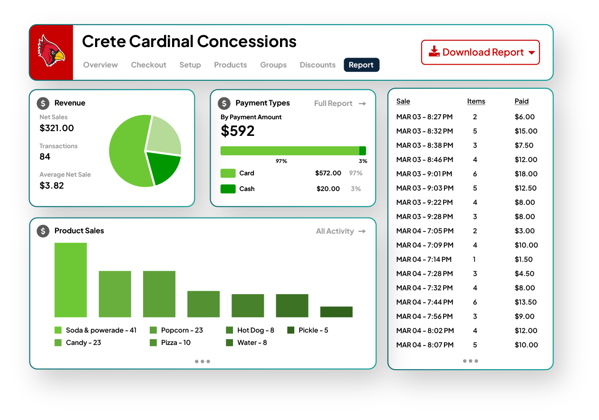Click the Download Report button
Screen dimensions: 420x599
(480, 52)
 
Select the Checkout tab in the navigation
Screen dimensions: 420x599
(148, 65)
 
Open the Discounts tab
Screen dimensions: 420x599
(318, 65)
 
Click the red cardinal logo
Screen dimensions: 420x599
(51, 52)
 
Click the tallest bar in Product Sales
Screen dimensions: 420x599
(70, 280)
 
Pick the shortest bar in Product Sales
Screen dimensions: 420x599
(336, 312)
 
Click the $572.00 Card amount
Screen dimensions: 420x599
(328, 173)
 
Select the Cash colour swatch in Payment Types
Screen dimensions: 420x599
(228, 189)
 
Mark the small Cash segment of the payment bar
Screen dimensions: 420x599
(362, 151)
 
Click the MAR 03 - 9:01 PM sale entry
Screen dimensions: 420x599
(424, 174)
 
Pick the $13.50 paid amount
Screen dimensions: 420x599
(525, 302)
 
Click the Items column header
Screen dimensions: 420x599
(476, 101)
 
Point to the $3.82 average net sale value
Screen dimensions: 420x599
(51, 186)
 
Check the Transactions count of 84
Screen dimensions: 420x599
(45, 157)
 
